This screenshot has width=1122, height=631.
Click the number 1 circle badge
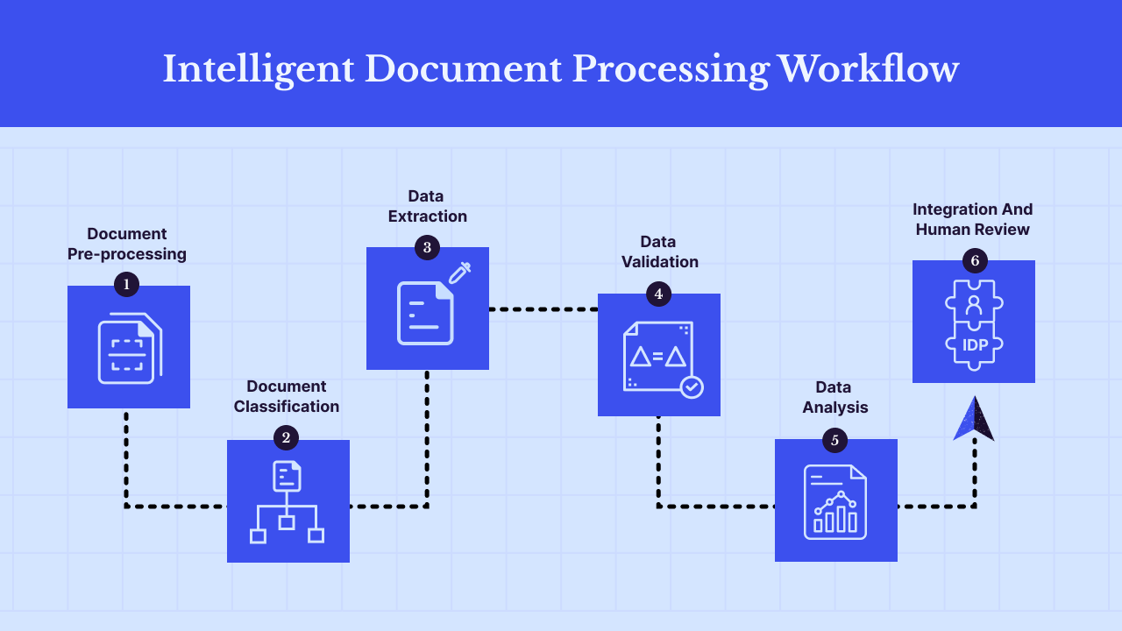pos(127,284)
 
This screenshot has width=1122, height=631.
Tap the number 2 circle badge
pos(286,437)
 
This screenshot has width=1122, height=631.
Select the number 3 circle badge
pos(427,247)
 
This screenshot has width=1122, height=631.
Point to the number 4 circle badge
pos(658,294)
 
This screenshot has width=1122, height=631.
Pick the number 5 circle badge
pos(834,440)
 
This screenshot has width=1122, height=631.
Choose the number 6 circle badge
pos(974,260)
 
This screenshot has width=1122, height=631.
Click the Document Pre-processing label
pos(127,244)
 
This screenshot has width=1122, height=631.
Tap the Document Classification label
pos(286,396)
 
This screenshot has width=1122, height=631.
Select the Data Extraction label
pos(427,206)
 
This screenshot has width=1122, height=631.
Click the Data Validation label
pos(659,252)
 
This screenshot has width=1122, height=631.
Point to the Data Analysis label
pos(834,397)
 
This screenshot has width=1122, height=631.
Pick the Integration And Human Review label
pos(972,219)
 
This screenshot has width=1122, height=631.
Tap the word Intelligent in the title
pos(259,68)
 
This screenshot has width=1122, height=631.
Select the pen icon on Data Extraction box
pos(459,273)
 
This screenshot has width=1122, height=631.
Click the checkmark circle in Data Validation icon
pos(692,386)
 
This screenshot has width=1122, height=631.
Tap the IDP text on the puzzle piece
pos(975,345)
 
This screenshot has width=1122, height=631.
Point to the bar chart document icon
pos(835,501)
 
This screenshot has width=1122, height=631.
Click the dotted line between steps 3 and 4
pos(543,309)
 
